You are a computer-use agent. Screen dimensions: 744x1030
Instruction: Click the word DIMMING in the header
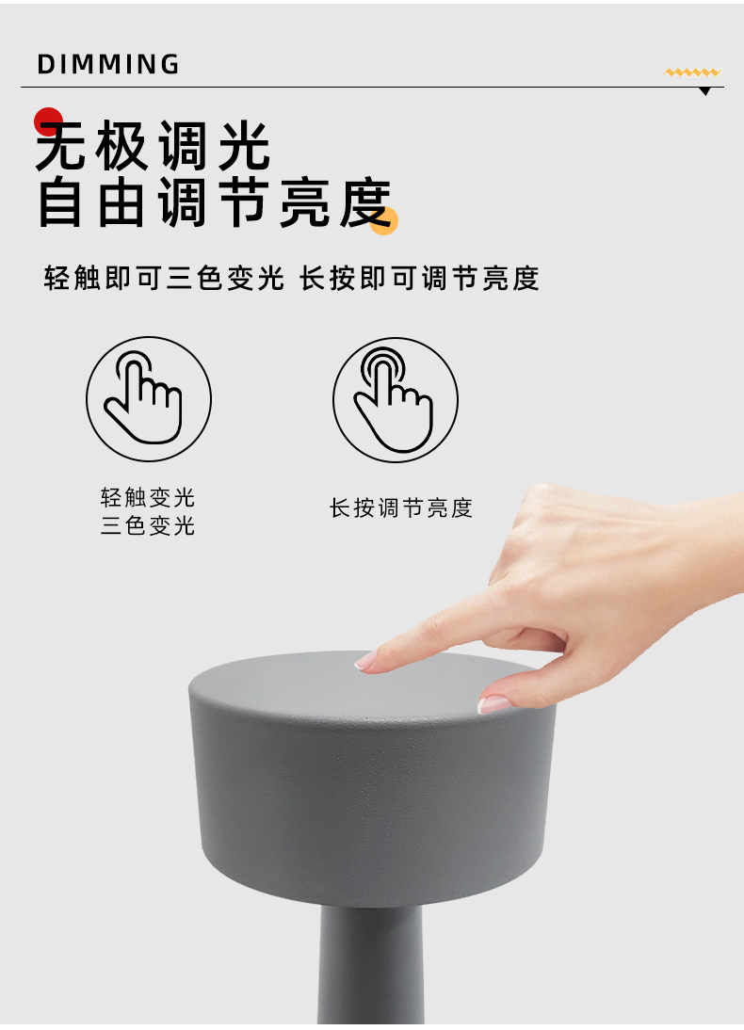click(107, 64)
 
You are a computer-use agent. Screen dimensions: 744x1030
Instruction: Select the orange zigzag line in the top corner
click(693, 72)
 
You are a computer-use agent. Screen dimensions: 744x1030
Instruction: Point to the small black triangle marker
click(705, 91)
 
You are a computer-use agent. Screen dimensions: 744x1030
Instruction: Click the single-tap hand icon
click(149, 399)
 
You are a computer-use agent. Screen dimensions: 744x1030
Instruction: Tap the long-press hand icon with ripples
click(395, 399)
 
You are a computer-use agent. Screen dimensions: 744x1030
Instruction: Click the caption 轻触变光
click(148, 497)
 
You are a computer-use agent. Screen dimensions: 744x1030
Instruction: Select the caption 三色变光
click(148, 525)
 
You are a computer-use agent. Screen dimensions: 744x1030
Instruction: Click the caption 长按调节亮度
click(401, 507)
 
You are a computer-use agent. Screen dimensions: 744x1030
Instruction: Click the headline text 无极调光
click(153, 145)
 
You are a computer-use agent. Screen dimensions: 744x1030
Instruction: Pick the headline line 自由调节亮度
click(215, 202)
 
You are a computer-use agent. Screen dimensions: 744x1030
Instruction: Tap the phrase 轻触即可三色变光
click(164, 278)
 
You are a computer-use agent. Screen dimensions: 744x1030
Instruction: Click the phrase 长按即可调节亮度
click(419, 278)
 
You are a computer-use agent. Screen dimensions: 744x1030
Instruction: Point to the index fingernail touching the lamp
click(365, 661)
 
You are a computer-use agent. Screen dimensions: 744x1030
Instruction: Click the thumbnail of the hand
click(494, 704)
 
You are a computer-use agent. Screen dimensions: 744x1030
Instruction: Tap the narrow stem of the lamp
click(371, 962)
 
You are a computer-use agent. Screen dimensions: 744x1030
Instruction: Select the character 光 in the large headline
click(244, 145)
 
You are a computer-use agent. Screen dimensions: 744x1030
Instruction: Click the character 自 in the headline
click(60, 202)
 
